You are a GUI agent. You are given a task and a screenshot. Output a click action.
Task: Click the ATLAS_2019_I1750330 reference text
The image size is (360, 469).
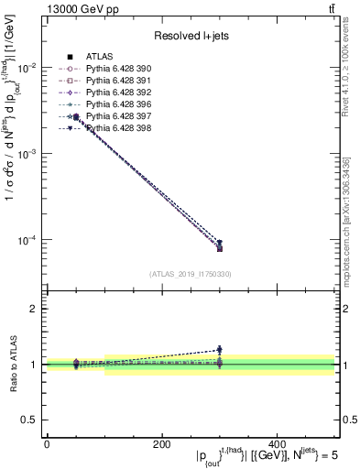[191, 274]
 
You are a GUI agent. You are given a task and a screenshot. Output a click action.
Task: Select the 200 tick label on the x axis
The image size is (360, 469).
[161, 443]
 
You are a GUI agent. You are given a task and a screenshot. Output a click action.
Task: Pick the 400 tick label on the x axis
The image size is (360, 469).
[277, 443]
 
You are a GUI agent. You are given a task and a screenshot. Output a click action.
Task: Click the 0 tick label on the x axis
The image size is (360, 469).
[47, 443]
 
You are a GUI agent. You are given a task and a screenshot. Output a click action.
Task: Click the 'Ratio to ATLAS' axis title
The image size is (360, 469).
[13, 364]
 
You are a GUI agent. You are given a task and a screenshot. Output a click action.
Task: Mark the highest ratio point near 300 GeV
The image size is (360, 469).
[220, 349]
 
